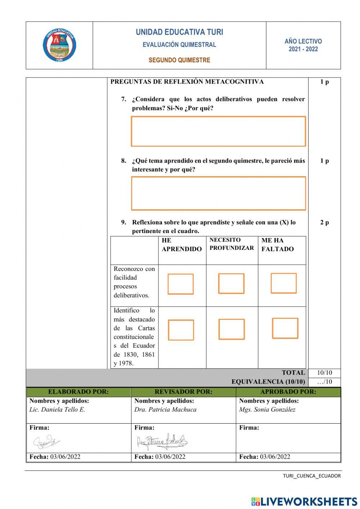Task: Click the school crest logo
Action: pos(59,46)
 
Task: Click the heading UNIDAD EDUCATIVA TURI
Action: pos(179,32)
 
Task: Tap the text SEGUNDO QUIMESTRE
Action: pos(179,60)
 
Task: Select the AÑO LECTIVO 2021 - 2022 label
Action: pos(303,45)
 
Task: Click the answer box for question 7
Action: pos(218,131)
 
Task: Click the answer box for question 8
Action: pos(218,193)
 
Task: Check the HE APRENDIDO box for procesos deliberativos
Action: pos(181,284)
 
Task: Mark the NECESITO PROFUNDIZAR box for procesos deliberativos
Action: pos(231,283)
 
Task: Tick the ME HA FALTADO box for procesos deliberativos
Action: pos(284,283)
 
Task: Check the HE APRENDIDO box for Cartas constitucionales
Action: pos(181,330)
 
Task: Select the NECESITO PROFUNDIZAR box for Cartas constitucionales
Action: pos(231,329)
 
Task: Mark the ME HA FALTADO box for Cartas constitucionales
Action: pos(285,328)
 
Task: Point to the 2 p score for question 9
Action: pos(324,222)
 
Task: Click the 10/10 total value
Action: pos(324,373)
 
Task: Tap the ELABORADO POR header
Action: pos(78,392)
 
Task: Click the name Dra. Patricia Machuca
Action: pos(165,410)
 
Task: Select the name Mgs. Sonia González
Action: pos(267,410)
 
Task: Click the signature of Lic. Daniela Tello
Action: pos(47,442)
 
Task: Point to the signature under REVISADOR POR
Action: pos(162,441)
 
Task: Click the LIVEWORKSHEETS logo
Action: pos(304,501)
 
